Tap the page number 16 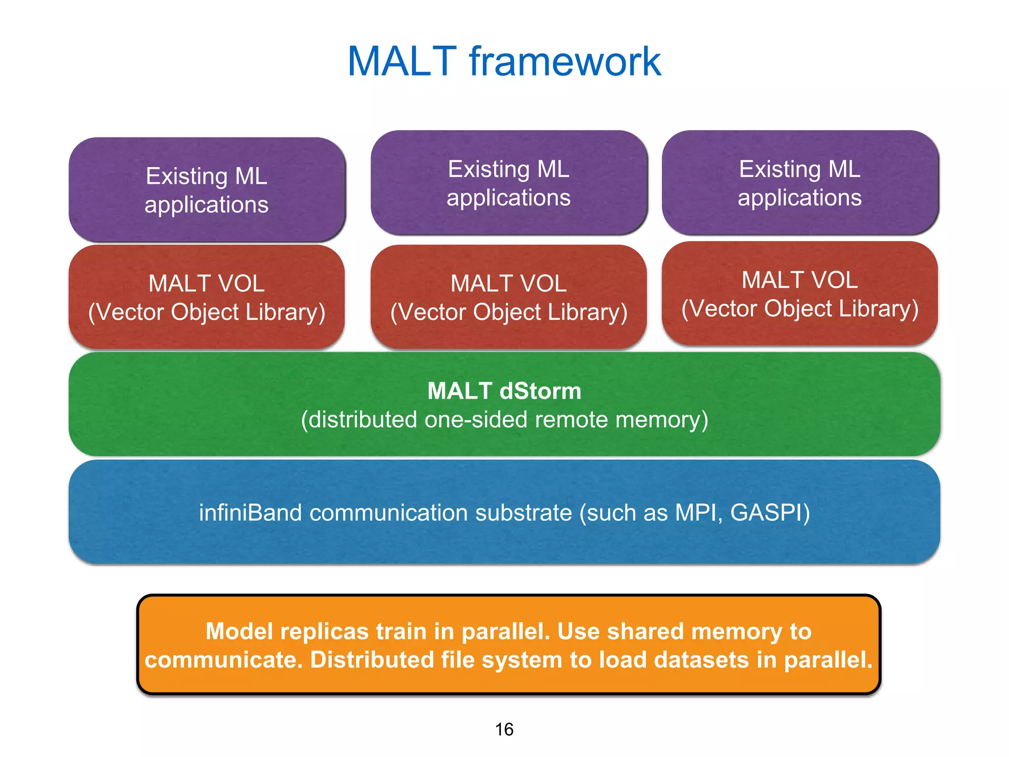pos(504,729)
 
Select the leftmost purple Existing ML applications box pos(206,190)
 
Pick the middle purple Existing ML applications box pos(508,183)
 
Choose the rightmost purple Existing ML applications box pos(800,183)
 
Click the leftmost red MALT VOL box pos(206,297)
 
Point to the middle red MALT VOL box pos(508,297)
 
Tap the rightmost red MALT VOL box pos(800,294)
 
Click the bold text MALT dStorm pos(504,391)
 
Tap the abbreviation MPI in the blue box pos(699,513)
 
